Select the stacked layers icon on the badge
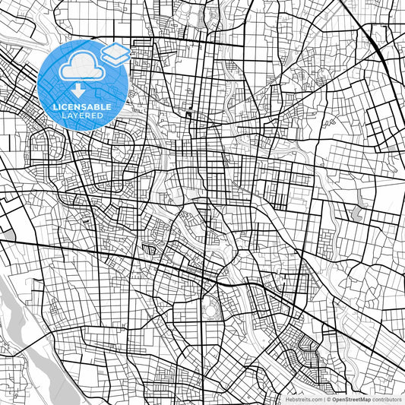[115, 53]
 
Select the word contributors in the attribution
[386, 399]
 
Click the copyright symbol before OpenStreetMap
[327, 399]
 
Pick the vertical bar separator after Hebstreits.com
[322, 399]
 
